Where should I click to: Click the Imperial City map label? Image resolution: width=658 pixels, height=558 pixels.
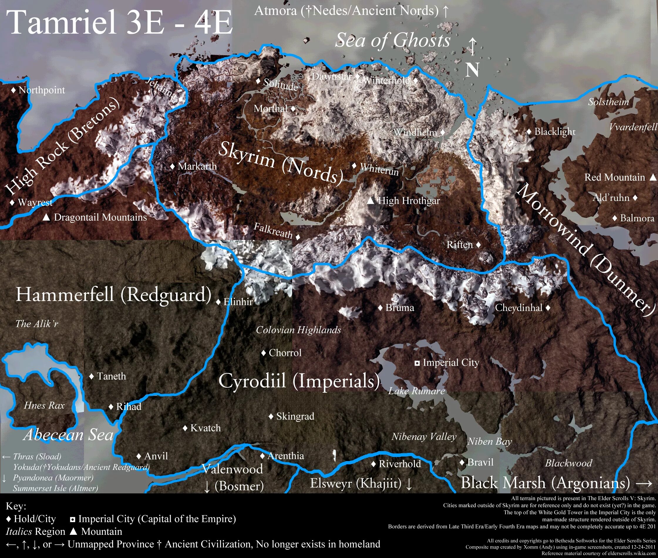451,362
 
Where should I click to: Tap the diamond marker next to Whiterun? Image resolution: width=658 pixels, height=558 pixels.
354,166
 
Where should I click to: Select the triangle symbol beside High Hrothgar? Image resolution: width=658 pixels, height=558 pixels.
371,201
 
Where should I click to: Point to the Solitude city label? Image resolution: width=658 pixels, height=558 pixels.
280,85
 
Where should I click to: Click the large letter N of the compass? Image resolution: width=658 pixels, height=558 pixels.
472,70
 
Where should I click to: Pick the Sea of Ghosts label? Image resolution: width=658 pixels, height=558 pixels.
392,41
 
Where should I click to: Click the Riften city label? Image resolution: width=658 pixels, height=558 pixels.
460,245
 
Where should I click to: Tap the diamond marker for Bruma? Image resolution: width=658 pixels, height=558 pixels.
380,307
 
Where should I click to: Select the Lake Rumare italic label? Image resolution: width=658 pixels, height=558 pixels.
416,391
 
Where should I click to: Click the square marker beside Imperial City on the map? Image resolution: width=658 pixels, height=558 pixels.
417,363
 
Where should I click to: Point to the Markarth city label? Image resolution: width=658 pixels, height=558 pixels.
197,166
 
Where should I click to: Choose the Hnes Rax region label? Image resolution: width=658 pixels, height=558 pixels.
44,405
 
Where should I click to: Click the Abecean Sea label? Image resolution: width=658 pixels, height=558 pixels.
68,435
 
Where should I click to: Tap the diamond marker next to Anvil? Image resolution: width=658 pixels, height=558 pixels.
139,456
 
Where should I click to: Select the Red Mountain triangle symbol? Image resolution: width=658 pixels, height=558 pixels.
653,177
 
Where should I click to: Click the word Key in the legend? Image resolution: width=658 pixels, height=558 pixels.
16,506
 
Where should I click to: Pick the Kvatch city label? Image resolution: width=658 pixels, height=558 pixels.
205,428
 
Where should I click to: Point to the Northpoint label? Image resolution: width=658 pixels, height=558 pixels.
41,90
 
